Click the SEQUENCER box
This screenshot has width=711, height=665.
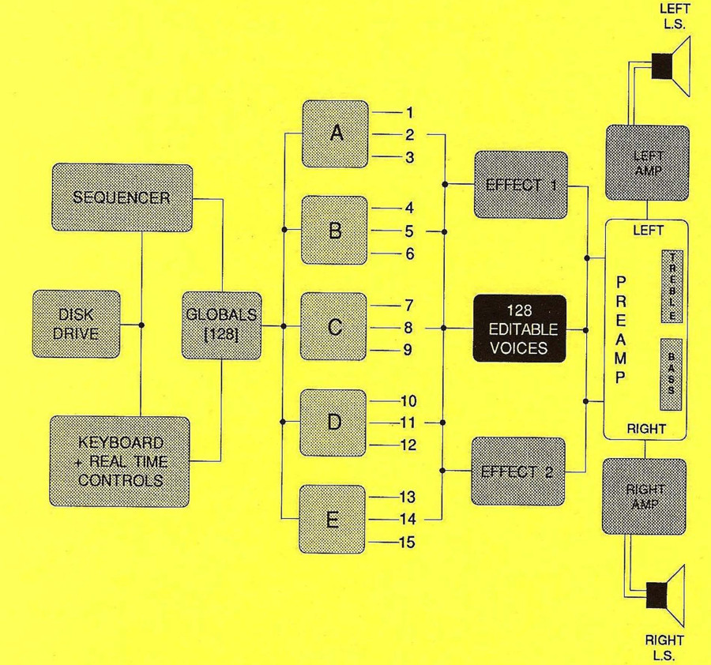click(x=122, y=197)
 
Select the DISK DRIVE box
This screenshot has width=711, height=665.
click(x=76, y=324)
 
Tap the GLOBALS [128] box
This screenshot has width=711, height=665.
click(x=222, y=325)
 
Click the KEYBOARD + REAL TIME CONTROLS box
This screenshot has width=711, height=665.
click(x=120, y=461)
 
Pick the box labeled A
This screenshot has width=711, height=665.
click(x=335, y=133)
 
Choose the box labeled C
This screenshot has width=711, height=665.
click(x=333, y=326)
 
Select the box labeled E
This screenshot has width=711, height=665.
click(x=333, y=519)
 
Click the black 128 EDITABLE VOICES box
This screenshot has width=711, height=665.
click(x=520, y=329)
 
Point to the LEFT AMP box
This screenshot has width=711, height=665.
click(x=648, y=163)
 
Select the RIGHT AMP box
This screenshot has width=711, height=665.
click(x=645, y=497)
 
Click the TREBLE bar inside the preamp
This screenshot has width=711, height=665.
click(x=672, y=286)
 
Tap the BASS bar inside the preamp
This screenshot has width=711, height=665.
click(x=671, y=374)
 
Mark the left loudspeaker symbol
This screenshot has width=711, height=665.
click(x=671, y=66)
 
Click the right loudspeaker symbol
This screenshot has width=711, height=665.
click(x=666, y=595)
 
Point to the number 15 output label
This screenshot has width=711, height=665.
click(x=407, y=542)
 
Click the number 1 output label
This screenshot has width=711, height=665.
click(x=409, y=112)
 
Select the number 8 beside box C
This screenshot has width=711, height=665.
click(x=408, y=327)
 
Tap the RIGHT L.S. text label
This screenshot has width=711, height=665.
click(x=664, y=648)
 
